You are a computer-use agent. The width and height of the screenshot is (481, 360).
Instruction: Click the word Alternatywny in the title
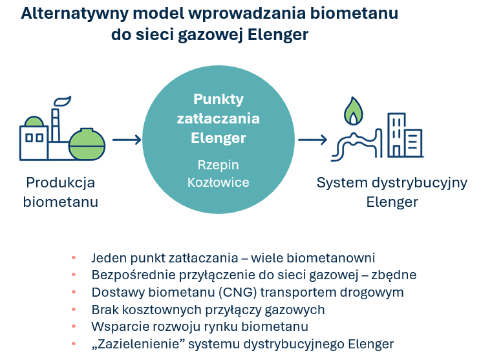tap(74, 14)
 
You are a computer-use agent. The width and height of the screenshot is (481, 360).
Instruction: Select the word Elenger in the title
tap(277, 35)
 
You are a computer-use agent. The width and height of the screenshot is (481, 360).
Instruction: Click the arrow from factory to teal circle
tap(127, 140)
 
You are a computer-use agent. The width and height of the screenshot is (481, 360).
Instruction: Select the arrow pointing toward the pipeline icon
tap(313, 140)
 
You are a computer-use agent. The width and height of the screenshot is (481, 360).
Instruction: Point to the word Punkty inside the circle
tap(219, 100)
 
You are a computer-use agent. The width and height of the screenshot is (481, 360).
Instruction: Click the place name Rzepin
tap(218, 165)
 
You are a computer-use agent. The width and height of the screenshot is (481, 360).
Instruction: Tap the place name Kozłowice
tap(218, 182)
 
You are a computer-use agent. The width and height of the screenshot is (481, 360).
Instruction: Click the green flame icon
tap(354, 111)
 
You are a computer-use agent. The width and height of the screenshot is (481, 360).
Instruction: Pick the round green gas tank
tap(87, 144)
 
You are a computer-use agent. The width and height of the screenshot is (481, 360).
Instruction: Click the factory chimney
tap(55, 125)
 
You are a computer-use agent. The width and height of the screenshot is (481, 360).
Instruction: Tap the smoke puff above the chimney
tap(63, 101)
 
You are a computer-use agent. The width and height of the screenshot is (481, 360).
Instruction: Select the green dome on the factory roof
tap(34, 122)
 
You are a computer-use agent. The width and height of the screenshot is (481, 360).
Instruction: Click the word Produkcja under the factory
tap(60, 183)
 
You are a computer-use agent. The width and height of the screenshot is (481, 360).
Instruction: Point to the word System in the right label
tap(342, 183)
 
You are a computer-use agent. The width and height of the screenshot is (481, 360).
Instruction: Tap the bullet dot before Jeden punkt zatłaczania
tap(74, 258)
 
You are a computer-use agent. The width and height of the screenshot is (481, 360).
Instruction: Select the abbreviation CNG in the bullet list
tap(238, 292)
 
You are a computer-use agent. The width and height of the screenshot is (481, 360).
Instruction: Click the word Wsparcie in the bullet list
tap(120, 326)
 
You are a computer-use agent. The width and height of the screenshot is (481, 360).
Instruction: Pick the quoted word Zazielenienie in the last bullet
tap(140, 344)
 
